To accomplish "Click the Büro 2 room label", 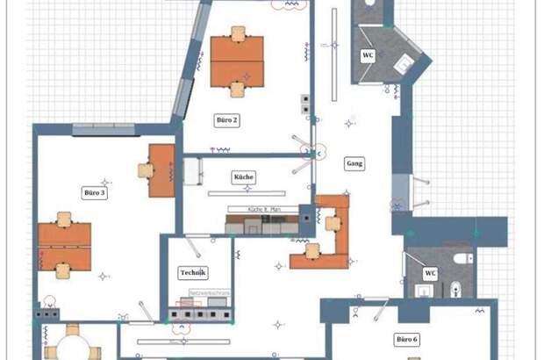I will click(226, 119).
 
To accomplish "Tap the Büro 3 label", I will click(94, 192).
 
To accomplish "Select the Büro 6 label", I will click(406, 339).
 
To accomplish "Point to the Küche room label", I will click(243, 177).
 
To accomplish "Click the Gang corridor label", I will click(354, 164).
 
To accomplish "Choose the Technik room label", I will click(192, 272).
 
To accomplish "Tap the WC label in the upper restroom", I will click(369, 55).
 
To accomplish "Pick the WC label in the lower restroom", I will click(430, 273).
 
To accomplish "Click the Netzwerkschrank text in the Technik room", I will click(209, 293).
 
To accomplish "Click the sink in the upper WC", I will click(404, 63).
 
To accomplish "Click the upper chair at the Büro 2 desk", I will click(237, 33).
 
